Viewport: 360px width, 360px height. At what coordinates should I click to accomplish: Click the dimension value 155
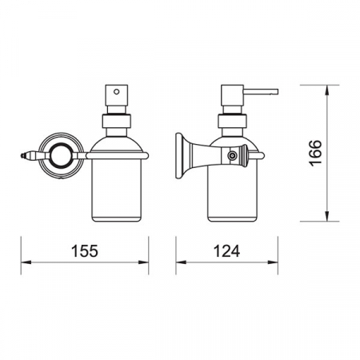point(85,251)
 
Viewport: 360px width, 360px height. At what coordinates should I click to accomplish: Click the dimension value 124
point(226,251)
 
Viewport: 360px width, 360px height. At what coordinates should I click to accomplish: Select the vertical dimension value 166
point(316,153)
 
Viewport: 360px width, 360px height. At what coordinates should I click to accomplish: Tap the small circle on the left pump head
point(116,92)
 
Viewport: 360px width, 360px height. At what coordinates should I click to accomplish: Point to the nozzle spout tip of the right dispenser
point(278,92)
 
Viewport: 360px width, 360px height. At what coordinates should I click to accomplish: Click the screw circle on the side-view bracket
point(232,155)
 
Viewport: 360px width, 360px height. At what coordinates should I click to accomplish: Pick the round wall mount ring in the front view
point(62,155)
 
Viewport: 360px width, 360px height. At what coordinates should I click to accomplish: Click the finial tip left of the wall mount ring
point(22,155)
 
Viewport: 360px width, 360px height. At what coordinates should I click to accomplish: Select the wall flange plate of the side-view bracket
point(179,156)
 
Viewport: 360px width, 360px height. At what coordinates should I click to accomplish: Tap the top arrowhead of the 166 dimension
point(327,90)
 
